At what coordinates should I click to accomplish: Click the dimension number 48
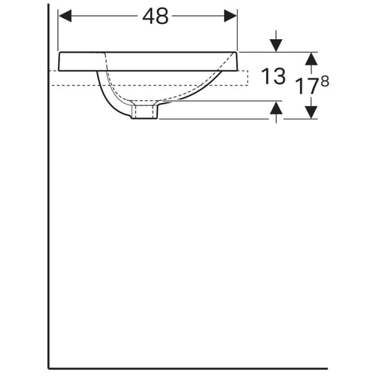[156, 16]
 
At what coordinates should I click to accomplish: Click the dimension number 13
[273, 76]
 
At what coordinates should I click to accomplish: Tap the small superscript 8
[325, 81]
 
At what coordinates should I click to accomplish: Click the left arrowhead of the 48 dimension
[65, 16]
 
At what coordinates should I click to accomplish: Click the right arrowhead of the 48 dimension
[230, 16]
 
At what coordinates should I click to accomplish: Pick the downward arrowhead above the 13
[276, 46]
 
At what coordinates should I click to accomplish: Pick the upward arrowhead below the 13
[276, 108]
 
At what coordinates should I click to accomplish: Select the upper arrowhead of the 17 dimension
[311, 59]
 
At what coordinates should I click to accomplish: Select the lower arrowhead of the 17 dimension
[311, 112]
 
